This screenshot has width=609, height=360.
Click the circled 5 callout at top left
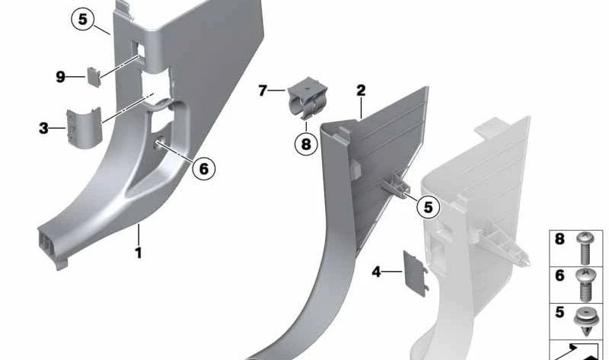(x=83, y=19)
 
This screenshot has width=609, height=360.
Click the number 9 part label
(x=60, y=77)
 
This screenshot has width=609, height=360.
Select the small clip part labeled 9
(x=94, y=77)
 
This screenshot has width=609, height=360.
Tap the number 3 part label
(x=43, y=128)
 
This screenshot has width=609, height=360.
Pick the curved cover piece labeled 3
(x=84, y=128)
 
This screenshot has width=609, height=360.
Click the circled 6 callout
(x=203, y=168)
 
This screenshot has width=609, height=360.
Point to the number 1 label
(x=139, y=253)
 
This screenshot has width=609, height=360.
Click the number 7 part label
(x=263, y=91)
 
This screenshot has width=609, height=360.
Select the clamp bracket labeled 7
(x=307, y=98)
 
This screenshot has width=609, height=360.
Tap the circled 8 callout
(x=306, y=144)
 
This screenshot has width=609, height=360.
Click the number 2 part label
(x=361, y=91)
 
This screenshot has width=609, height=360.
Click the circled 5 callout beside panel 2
(x=428, y=207)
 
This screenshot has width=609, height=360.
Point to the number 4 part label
(x=376, y=272)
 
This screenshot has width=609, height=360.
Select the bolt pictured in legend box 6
(x=586, y=285)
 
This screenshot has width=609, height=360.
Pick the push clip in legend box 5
(x=586, y=321)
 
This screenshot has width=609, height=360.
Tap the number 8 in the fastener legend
(x=560, y=239)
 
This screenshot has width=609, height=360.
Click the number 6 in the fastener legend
(x=560, y=276)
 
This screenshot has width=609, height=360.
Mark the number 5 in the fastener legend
(x=560, y=312)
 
